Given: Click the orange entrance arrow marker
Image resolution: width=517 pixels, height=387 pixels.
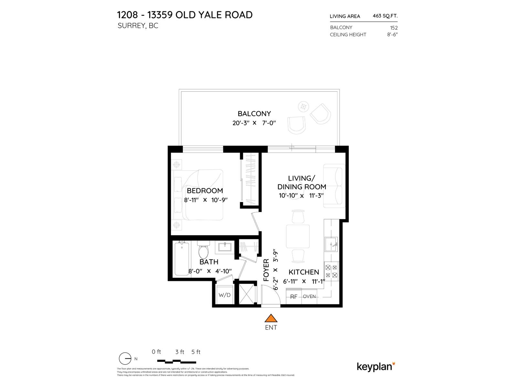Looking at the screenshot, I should point(271,318).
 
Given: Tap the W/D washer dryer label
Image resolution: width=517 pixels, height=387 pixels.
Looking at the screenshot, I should point(225,295).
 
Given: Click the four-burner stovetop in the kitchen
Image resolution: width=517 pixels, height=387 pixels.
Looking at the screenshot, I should point(331,271).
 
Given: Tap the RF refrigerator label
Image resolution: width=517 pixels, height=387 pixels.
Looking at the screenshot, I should point(293,297).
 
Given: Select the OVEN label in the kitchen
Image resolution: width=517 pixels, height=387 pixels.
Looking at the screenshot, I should point(309,296).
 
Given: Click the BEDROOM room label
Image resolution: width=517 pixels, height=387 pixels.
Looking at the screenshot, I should point(205,191).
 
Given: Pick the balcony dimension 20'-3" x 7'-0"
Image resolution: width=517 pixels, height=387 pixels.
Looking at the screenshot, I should point(254,123).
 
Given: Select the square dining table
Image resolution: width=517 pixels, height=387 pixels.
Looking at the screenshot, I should point(298,236).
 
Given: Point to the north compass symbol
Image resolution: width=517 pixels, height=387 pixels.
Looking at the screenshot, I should point(125,359).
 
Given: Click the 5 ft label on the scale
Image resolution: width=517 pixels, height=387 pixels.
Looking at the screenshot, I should point(196,352).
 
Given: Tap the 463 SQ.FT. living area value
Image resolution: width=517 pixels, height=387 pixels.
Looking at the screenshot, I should point(385,15).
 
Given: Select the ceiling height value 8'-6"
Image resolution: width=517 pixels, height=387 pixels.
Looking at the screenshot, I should point(392,35).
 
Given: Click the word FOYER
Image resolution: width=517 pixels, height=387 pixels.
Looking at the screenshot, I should point(266,270).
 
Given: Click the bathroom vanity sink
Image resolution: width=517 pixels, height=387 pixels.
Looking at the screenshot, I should point(225,247).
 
